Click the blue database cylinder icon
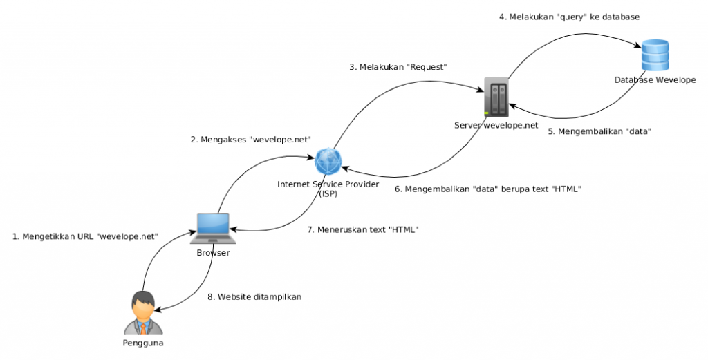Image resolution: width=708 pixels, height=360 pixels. click(654, 56)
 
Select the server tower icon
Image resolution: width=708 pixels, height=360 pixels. click(496, 96)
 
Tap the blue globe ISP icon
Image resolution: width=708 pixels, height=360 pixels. click(328, 162)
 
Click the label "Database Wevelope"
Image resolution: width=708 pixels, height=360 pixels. click(655, 80)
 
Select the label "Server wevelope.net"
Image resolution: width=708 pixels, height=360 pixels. click(496, 125)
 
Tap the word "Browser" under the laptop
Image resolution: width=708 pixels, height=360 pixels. click(212, 253)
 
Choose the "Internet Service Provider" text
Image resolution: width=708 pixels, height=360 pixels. click(328, 184)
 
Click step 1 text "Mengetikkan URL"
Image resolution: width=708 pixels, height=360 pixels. click(86, 236)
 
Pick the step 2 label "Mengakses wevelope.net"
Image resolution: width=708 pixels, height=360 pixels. click(250, 140)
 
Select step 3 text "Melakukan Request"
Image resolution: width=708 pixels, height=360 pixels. click(398, 67)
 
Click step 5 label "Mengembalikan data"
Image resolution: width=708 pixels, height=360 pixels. click(600, 131)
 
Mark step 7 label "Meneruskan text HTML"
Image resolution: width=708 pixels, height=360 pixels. click(363, 229)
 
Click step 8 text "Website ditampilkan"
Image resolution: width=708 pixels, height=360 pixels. click(254, 296)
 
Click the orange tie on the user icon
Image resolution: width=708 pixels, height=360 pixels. click(142, 324)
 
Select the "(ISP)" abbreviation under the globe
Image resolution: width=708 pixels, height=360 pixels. click(328, 194)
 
